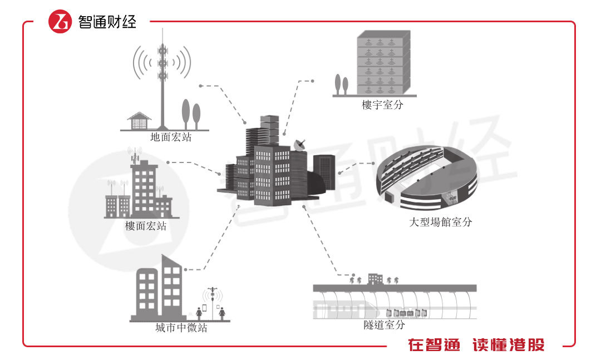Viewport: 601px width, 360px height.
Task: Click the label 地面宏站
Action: pyautogui.click(x=170, y=137)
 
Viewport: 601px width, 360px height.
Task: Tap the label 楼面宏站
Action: pyautogui.click(x=146, y=226)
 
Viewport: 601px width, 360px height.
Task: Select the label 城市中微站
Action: pyautogui.click(x=181, y=328)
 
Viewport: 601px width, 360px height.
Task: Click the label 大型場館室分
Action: pyautogui.click(x=440, y=222)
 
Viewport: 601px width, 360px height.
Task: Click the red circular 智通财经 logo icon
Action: pyautogui.click(x=60, y=22)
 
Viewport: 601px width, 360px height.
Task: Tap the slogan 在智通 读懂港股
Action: pyautogui.click(x=476, y=345)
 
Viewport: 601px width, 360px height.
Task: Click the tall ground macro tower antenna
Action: pyautogui.click(x=162, y=78)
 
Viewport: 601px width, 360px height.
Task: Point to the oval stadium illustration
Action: pyautogui.click(x=425, y=177)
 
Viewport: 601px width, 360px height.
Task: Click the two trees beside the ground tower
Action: pyautogui.click(x=190, y=114)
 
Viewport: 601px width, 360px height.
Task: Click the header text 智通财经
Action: pyautogui.click(x=107, y=22)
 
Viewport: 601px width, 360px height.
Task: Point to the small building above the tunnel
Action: pyautogui.click(x=375, y=278)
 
